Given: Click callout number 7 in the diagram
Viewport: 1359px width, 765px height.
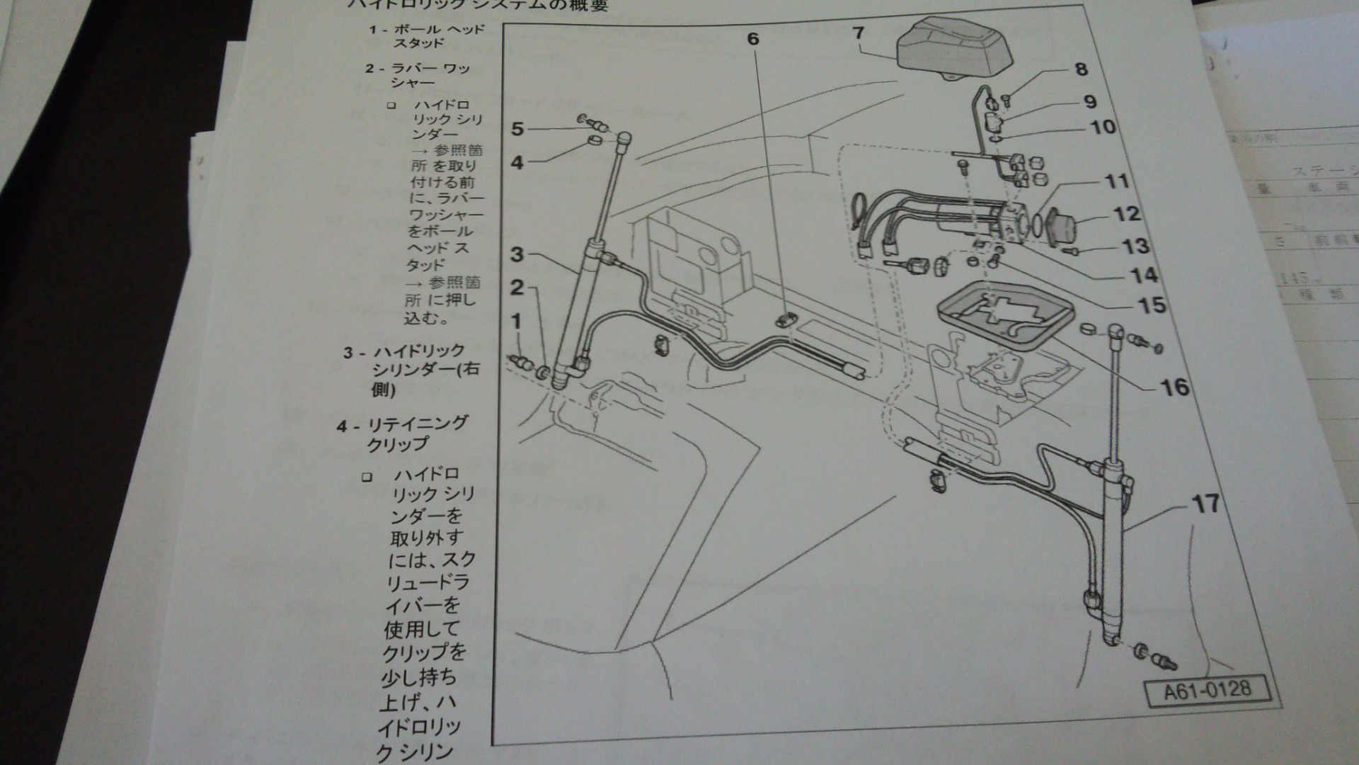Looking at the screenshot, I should (x=859, y=33).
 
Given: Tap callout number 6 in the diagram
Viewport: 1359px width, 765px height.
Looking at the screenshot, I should (x=753, y=38).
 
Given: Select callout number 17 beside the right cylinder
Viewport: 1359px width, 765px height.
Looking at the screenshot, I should (x=1205, y=504).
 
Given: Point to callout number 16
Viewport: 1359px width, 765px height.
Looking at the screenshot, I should (x=1175, y=387).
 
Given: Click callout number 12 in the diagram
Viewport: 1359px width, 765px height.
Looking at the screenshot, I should (x=1127, y=213).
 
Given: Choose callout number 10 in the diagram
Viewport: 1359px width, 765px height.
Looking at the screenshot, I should (x=1103, y=127).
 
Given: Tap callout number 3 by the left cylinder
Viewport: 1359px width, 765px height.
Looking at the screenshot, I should (x=517, y=254).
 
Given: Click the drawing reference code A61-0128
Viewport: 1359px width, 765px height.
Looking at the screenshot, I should (x=1208, y=689).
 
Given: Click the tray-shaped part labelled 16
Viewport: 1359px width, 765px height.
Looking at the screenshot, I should (x=1005, y=312).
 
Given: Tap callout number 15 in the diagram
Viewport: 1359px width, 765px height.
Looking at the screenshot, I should (x=1152, y=305).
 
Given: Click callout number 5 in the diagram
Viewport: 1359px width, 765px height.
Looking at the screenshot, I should (x=517, y=129).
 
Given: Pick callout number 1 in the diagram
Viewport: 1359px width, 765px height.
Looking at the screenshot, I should (x=517, y=321).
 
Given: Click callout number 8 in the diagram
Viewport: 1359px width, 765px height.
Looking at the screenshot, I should (x=1081, y=69).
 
